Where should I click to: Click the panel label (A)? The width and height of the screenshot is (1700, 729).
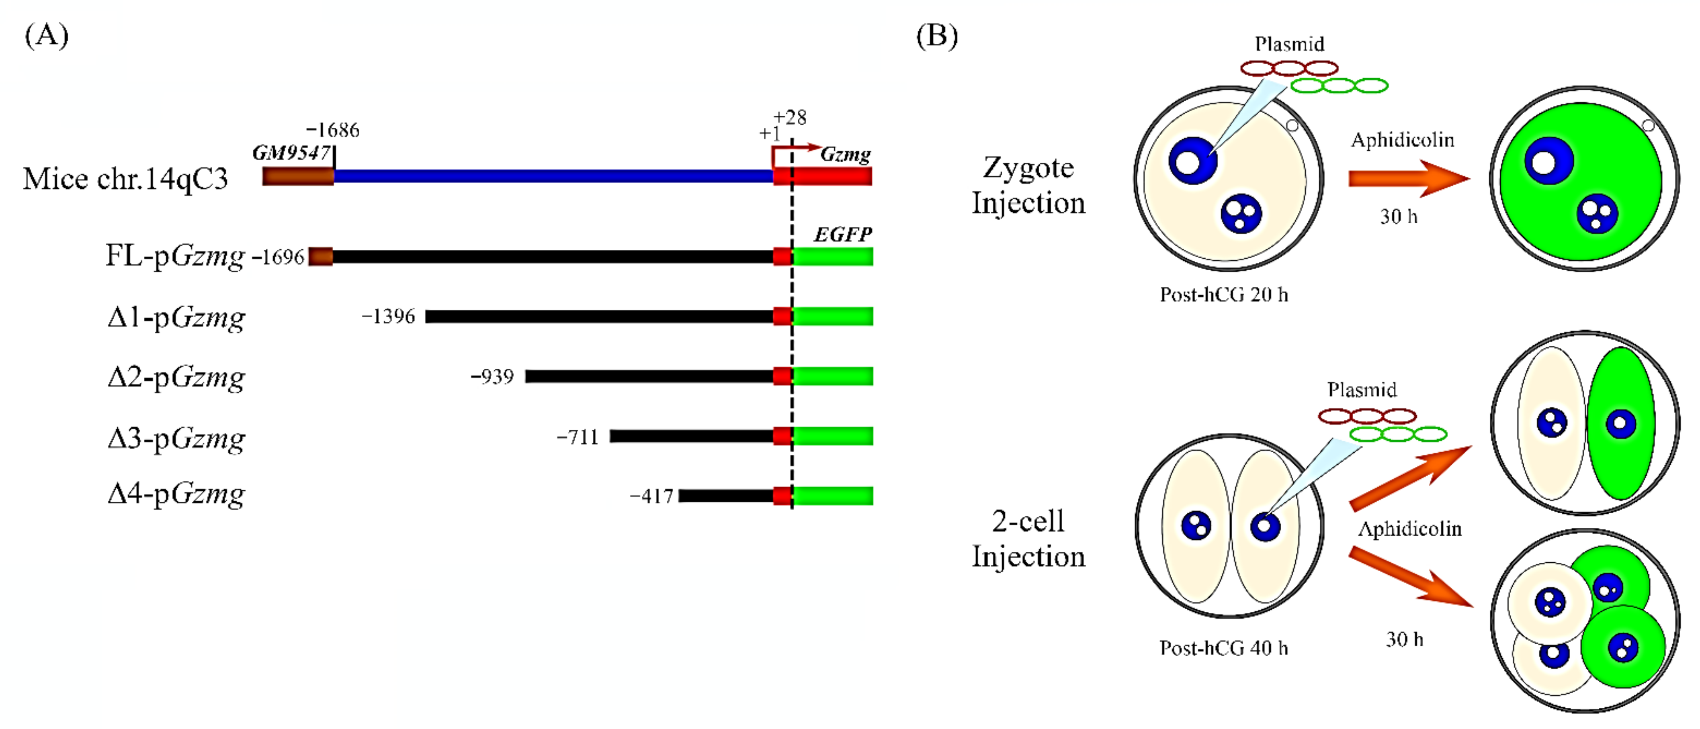pos(46,36)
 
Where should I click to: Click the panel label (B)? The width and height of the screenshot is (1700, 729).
pos(936,36)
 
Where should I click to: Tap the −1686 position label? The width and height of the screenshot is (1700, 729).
pos(333,130)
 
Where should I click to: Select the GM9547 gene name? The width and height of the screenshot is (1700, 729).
pos(291,153)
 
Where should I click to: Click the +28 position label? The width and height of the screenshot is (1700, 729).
pos(790,117)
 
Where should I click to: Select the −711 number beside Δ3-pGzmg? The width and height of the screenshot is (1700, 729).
pos(578,437)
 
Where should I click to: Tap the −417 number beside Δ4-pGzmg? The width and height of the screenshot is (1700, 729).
pos(651,496)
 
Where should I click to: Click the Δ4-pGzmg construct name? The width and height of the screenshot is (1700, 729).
pos(176,494)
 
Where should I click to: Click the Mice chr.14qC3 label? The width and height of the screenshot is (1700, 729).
pos(125,179)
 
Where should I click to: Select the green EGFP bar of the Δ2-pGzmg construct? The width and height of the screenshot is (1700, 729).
pos(832,376)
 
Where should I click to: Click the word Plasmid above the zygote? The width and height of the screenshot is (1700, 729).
pos(1289,44)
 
